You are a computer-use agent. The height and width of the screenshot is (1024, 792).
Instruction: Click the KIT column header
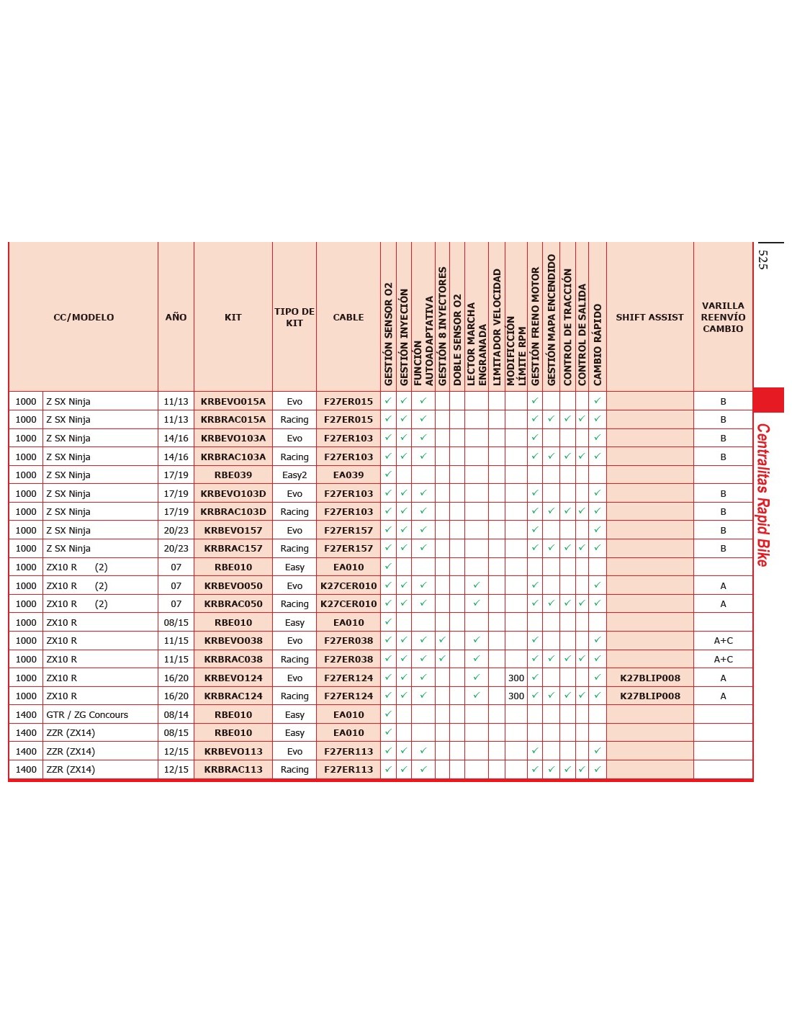[x=233, y=317]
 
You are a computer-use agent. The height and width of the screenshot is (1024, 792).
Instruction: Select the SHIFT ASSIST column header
[x=649, y=317]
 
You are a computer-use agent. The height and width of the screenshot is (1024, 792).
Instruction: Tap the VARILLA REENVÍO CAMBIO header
[x=723, y=317]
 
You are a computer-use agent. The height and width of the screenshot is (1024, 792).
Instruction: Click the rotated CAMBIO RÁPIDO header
[x=598, y=344]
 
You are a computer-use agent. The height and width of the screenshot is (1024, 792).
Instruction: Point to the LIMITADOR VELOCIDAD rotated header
[x=497, y=327]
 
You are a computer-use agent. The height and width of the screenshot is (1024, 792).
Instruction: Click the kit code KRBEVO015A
[x=233, y=401]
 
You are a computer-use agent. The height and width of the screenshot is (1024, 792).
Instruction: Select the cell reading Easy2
[x=294, y=475]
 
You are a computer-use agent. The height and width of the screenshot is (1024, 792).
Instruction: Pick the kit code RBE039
[x=233, y=475]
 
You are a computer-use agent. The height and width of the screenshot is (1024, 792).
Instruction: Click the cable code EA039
[x=348, y=475]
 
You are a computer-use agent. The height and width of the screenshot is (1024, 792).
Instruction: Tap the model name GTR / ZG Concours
[x=87, y=715]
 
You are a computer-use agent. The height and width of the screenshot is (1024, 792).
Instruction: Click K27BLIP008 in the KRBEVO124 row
[x=649, y=678]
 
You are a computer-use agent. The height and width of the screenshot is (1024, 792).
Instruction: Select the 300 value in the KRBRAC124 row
[x=516, y=696]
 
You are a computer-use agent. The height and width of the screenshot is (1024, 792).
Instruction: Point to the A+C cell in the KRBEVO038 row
[x=723, y=641]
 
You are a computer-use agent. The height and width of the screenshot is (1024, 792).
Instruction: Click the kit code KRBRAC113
[x=233, y=770]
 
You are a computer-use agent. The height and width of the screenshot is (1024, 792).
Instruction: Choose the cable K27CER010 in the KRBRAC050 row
[x=348, y=604]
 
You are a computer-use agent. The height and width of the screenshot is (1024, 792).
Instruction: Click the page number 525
[x=763, y=260]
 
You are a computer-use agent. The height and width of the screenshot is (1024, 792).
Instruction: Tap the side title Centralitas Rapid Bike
[x=763, y=495]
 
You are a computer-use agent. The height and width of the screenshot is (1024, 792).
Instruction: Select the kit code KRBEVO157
[x=233, y=530]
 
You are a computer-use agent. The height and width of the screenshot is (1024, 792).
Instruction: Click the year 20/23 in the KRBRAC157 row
[x=176, y=549]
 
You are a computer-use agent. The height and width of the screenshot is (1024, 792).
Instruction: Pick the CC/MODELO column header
[x=84, y=317]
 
